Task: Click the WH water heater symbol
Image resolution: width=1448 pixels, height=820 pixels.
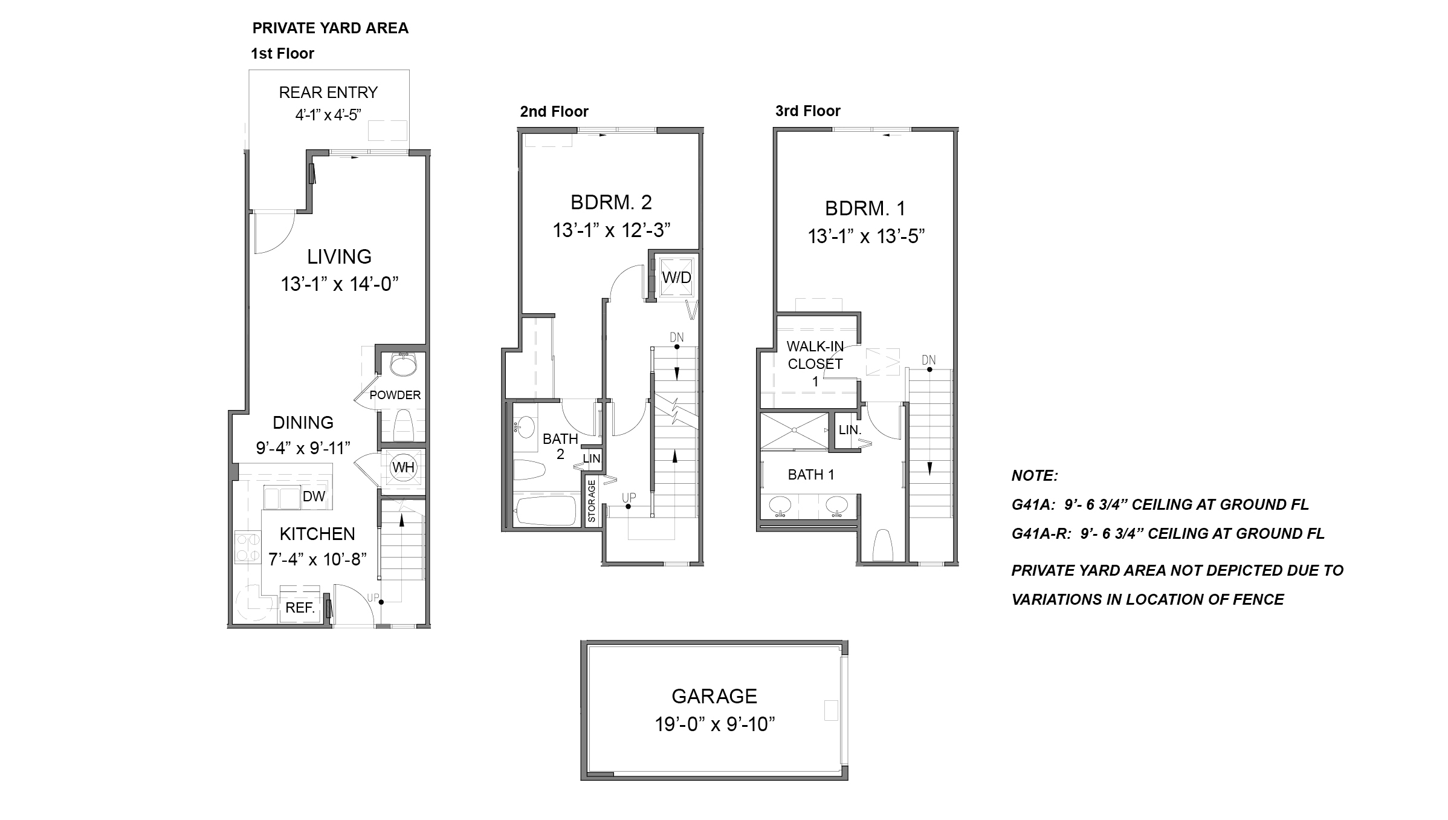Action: click(x=403, y=467)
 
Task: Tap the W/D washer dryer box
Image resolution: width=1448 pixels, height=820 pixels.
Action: click(x=676, y=278)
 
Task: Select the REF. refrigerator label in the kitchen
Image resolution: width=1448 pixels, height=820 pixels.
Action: click(x=300, y=608)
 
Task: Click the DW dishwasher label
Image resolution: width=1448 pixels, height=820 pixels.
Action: click(x=314, y=496)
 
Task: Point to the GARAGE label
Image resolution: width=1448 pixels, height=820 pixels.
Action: click(x=714, y=696)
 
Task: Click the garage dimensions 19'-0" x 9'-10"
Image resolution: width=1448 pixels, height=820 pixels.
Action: click(x=714, y=724)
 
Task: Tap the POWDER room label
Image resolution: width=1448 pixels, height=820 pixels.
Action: click(x=395, y=395)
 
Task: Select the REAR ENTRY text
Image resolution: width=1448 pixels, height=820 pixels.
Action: click(x=328, y=93)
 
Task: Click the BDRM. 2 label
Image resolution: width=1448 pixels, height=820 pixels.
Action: click(x=611, y=202)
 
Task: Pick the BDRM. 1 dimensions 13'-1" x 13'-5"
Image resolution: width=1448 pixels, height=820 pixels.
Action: click(x=866, y=236)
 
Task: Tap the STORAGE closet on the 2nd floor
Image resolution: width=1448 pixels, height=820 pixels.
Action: click(x=592, y=501)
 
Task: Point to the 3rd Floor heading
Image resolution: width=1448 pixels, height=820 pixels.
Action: click(x=807, y=111)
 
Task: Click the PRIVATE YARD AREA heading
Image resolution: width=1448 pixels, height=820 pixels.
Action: click(x=330, y=28)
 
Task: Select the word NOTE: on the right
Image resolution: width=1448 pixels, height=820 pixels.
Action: click(x=1035, y=476)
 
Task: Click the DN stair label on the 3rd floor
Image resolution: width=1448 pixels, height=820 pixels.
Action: click(x=928, y=360)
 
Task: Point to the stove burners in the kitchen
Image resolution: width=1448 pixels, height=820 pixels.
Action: click(x=247, y=547)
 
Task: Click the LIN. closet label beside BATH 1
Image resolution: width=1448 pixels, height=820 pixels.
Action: click(x=850, y=430)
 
